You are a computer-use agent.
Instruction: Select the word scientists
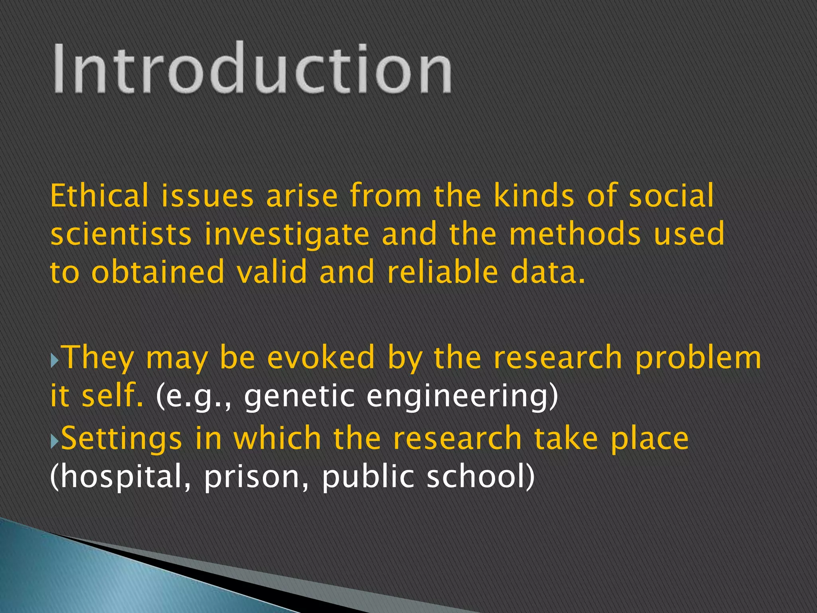click(121, 234)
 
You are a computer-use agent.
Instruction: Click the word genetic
click(299, 397)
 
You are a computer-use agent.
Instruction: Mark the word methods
click(575, 234)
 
